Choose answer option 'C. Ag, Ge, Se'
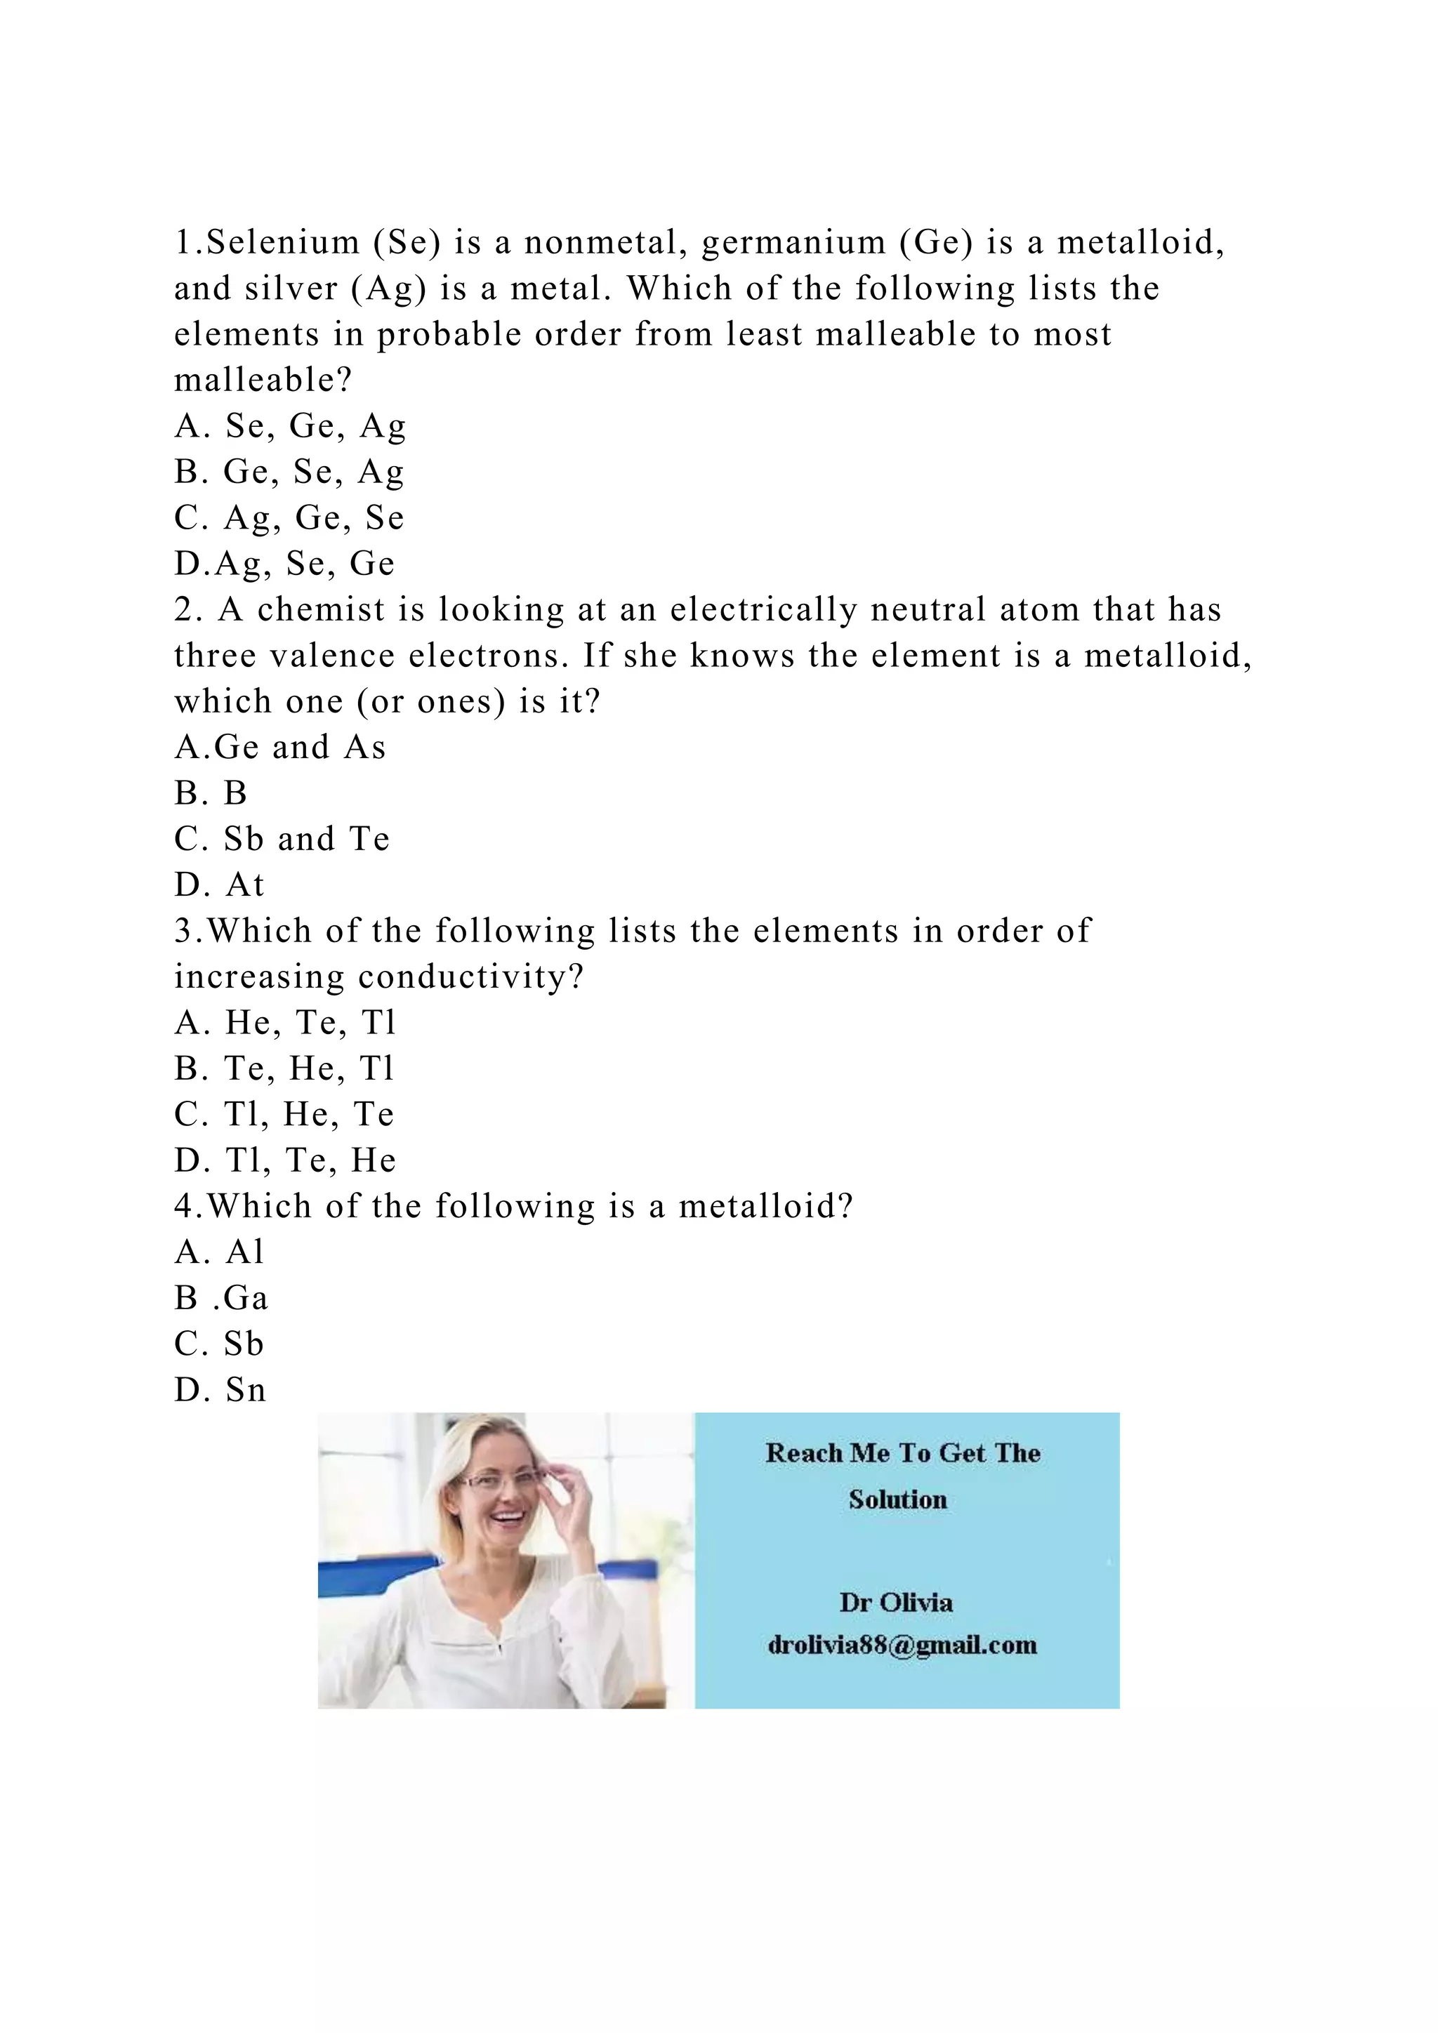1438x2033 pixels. [x=289, y=518]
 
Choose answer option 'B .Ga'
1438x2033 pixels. [x=221, y=1299]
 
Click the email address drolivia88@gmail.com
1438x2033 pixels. [x=902, y=1645]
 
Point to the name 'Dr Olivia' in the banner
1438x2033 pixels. [x=896, y=1603]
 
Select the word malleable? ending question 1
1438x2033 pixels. [x=264, y=380]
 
